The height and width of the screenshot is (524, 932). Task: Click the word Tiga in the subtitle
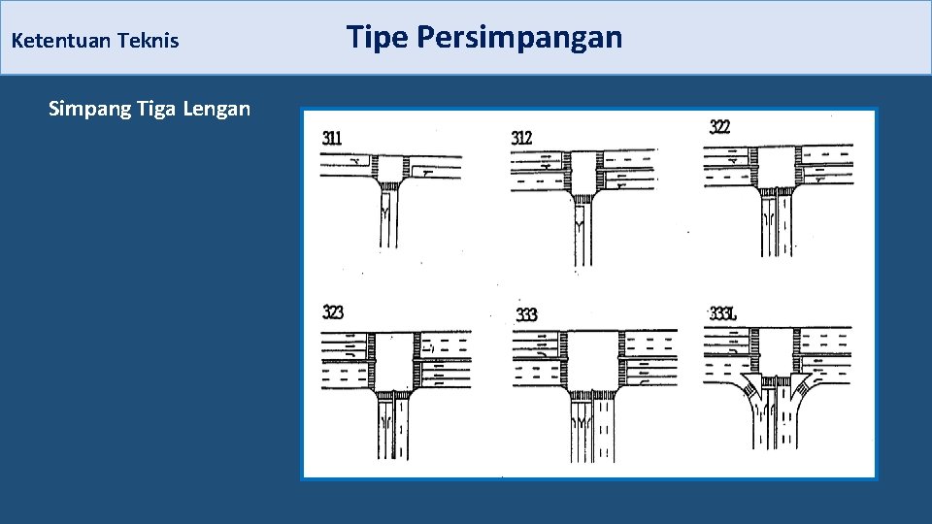click(x=154, y=109)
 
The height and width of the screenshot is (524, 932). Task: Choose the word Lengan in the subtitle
click(x=216, y=109)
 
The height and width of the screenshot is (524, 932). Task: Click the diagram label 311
click(x=332, y=138)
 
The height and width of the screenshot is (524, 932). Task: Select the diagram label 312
click(x=521, y=138)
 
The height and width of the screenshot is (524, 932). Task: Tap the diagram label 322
click(x=720, y=126)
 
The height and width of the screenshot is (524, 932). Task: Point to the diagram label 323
click(x=332, y=312)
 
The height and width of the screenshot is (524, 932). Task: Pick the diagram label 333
click(x=526, y=314)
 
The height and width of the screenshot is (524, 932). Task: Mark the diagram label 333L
click(x=724, y=313)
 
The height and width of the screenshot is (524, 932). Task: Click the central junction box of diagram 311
click(x=391, y=166)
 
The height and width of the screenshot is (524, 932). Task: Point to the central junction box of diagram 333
click(x=591, y=360)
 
